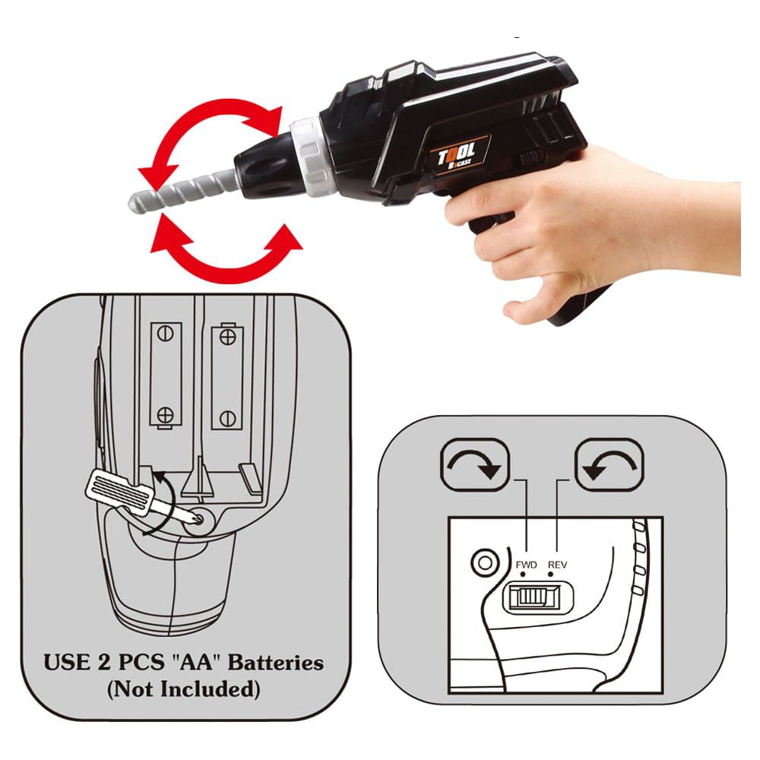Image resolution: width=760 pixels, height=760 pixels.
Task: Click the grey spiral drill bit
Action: click(183, 190)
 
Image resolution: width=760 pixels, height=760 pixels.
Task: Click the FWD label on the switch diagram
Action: click(526, 565)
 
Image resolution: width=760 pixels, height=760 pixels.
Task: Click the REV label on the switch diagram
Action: click(557, 565)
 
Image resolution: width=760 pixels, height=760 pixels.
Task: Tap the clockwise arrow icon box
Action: click(475, 465)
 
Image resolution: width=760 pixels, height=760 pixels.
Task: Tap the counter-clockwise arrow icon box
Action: click(610, 465)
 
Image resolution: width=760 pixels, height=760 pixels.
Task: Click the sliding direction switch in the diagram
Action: click(538, 597)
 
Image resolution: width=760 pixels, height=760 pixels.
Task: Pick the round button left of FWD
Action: click(485, 562)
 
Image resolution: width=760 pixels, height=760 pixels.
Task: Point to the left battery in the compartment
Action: click(166, 375)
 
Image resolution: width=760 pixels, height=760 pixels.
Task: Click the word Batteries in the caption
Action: click(276, 663)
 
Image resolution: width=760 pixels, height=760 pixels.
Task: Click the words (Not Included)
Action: click(184, 689)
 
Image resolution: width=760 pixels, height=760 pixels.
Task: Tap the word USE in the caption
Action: click(67, 663)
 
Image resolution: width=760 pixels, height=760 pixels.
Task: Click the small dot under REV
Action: click(550, 575)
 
